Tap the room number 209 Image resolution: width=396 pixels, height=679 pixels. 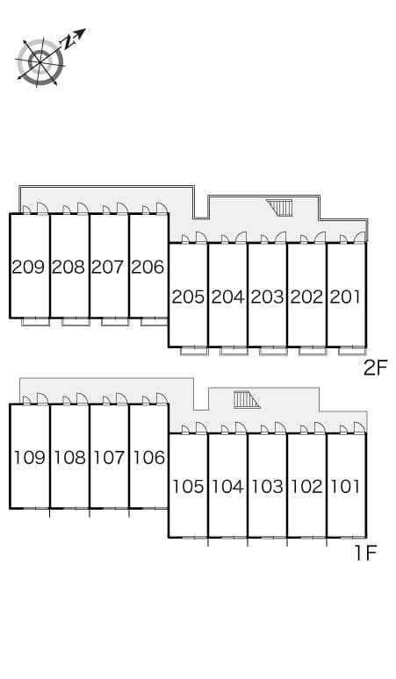point(29,267)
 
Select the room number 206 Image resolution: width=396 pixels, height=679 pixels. point(148,267)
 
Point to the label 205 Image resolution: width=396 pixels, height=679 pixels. point(188,297)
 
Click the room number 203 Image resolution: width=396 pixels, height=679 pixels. point(266,297)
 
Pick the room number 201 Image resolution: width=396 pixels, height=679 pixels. point(345,297)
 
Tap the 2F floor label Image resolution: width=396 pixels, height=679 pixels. point(375,368)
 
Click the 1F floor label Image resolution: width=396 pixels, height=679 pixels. point(365,553)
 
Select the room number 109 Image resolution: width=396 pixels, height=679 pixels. point(29,457)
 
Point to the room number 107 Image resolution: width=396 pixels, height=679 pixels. point(108,457)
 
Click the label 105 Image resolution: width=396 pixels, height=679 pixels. point(188,486)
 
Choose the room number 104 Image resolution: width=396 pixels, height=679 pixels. point(227,486)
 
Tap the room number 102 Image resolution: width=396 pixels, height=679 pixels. point(306,486)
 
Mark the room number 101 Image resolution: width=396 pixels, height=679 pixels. point(345,486)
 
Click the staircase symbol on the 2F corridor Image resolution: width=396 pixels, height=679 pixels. point(281,208)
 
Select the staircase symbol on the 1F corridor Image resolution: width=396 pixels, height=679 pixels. point(247,400)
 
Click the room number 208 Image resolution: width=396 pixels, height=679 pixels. point(68,267)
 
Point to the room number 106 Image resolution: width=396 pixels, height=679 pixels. point(148,457)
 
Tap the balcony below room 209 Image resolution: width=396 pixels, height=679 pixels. point(35,321)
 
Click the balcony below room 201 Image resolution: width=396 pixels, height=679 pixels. point(352,351)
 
